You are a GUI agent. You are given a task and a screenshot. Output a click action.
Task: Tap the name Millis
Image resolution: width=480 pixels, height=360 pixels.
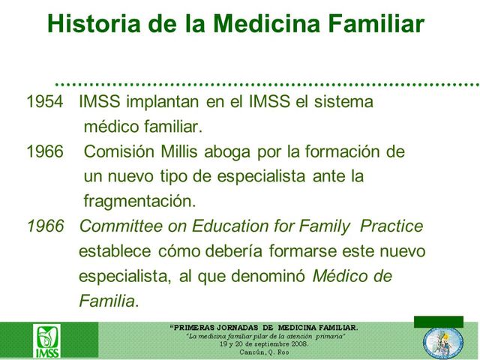181,151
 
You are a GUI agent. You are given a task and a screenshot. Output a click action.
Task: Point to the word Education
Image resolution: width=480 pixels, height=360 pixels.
218,226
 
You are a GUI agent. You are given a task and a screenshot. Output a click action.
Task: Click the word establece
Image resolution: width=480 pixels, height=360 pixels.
113,250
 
